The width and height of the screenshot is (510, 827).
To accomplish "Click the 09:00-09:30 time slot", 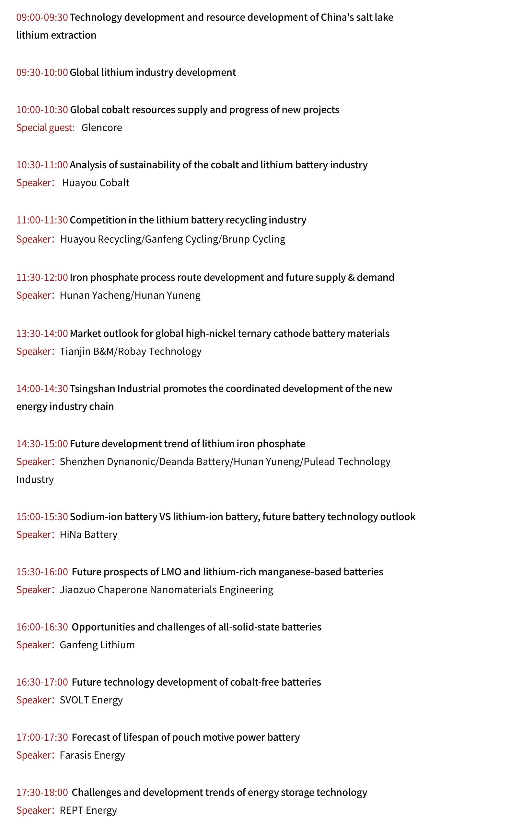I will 42,17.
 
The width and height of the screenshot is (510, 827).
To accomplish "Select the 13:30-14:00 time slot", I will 42,333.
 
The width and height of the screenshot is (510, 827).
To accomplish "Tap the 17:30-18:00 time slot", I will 42,792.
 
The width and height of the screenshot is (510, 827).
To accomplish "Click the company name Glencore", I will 101,127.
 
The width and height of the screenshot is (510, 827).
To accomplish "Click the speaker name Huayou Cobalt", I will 96,183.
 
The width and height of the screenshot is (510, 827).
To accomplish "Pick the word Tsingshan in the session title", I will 92,389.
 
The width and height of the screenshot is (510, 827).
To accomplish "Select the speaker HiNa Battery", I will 88,535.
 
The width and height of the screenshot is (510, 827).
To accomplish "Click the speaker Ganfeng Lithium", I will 97,645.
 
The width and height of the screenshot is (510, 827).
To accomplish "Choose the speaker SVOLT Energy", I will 91,700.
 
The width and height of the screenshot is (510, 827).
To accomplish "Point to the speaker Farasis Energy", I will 92,755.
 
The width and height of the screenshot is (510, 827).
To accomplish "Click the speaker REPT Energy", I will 88,810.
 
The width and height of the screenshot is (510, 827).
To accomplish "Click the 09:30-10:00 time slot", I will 42,73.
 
